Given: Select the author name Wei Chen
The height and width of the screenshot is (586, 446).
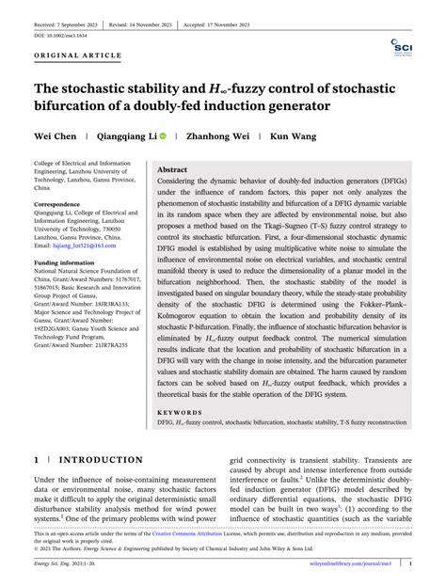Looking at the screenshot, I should [x=56, y=137].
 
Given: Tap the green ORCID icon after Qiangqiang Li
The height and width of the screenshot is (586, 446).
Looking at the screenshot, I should [x=163, y=137].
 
